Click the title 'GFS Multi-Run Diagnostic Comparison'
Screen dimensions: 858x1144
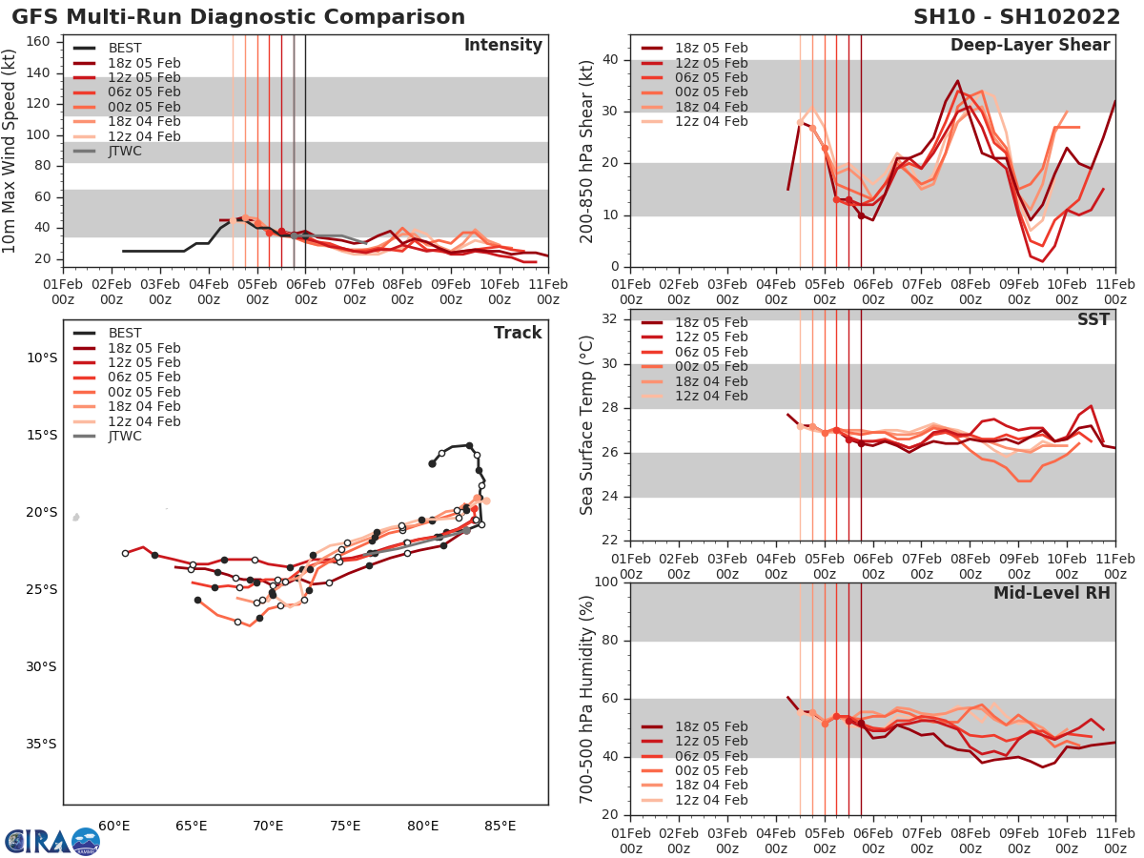[238, 17]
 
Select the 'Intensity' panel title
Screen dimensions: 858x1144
[502, 46]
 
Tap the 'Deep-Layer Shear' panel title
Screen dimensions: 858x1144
[1030, 46]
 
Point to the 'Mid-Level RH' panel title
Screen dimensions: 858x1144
[1052, 593]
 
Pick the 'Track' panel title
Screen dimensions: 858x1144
[517, 333]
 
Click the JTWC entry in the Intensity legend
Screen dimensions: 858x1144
[125, 151]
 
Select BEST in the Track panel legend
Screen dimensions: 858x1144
[125, 333]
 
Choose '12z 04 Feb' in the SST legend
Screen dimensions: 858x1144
[711, 396]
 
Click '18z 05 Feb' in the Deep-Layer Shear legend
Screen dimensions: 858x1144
[711, 48]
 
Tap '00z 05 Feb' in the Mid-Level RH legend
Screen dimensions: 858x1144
[711, 770]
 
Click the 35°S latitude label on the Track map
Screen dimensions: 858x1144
[41, 744]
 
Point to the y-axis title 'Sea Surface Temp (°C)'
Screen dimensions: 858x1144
[586, 424]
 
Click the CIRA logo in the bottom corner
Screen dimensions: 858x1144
[52, 841]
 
